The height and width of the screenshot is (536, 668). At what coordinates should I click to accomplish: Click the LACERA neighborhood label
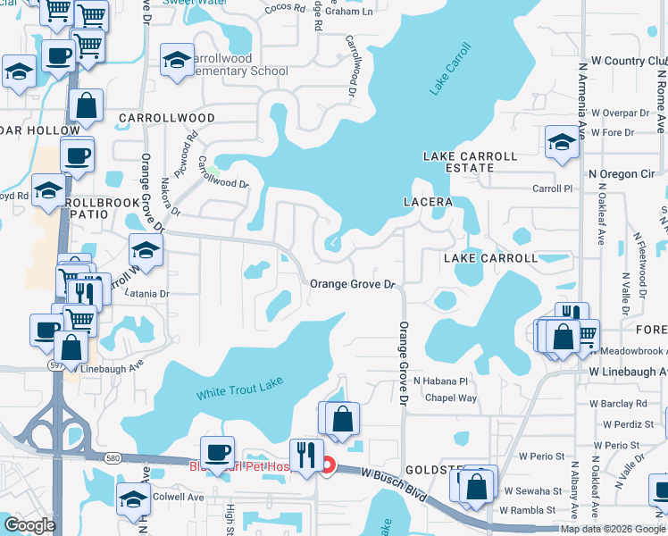point(428,202)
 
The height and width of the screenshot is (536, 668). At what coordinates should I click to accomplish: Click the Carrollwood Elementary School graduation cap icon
point(177,61)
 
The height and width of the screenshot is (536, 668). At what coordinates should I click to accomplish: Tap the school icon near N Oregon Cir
point(561,141)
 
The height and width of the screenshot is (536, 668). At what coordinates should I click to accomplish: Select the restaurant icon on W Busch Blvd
point(306,454)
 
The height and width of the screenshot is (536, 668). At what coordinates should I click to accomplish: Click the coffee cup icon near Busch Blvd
point(217,451)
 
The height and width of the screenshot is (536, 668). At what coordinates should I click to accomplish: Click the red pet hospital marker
point(328,465)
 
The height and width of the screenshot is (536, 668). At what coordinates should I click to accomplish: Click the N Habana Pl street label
point(440,381)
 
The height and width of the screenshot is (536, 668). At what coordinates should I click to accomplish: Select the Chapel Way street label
point(451,398)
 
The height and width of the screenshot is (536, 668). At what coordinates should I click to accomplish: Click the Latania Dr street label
point(146,293)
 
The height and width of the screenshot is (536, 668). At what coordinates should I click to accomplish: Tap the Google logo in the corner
point(29,524)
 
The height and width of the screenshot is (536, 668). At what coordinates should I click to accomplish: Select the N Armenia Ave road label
point(582,98)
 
